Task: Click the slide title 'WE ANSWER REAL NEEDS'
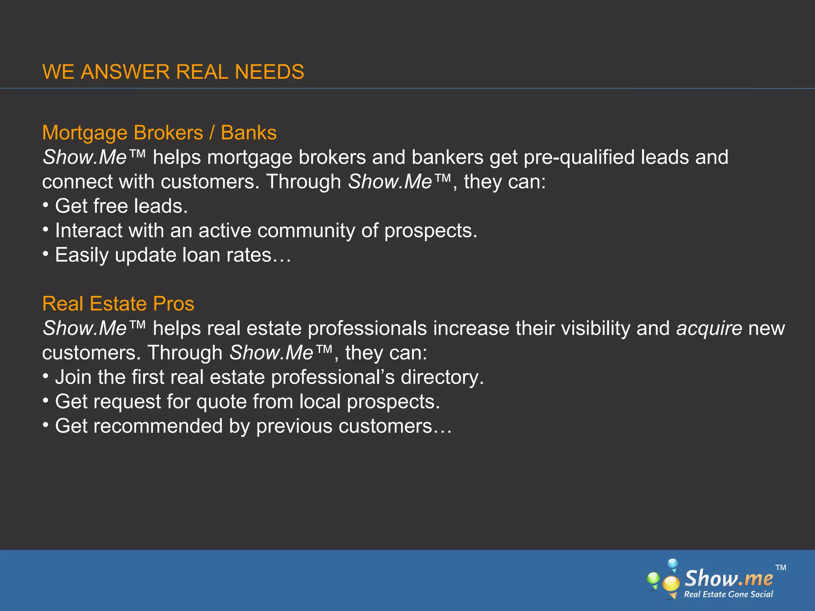click(173, 72)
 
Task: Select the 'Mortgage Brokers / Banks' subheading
click(159, 133)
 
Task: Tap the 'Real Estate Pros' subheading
click(118, 304)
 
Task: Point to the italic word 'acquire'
click(709, 329)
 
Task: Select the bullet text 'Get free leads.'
click(121, 206)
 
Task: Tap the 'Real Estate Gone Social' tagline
click(728, 594)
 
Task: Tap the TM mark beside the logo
click(781, 568)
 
